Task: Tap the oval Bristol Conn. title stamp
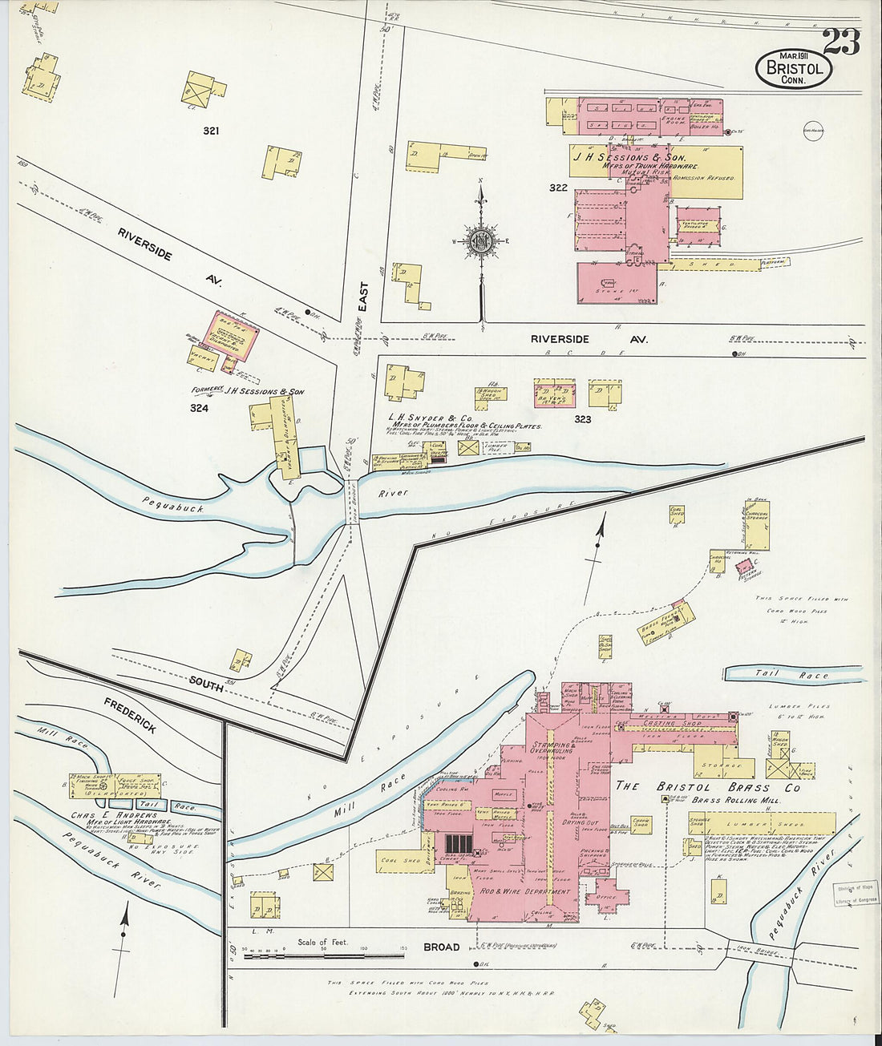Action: [794, 69]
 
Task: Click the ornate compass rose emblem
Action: [480, 240]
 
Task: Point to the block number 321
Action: [211, 131]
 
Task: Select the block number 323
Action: [582, 419]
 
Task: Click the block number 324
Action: [199, 408]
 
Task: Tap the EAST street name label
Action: [362, 297]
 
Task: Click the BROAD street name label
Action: [441, 947]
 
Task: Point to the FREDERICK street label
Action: [130, 715]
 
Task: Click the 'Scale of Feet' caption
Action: [323, 942]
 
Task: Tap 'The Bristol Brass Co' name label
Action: [707, 786]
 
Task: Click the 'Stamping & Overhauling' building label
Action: [552, 748]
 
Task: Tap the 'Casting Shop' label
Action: [676, 723]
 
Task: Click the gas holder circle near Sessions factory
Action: [812, 131]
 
